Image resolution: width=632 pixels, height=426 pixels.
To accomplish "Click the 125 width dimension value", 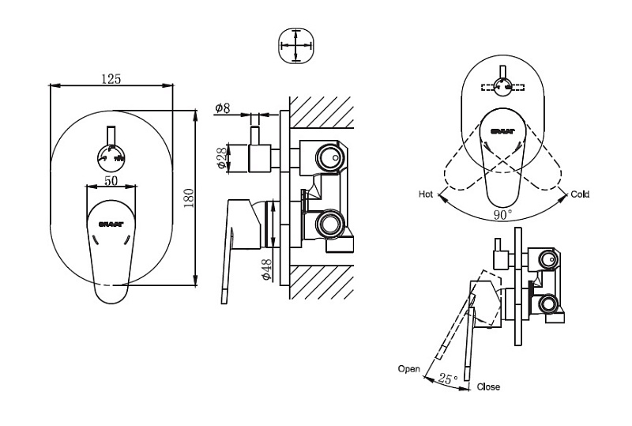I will pyautogui.click(x=111, y=78).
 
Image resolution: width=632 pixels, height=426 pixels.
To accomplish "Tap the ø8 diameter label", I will pyautogui.click(x=222, y=108).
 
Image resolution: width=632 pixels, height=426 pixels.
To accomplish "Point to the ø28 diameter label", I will pyautogui.click(x=222, y=157).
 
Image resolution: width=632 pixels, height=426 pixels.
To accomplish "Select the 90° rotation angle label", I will pyautogui.click(x=502, y=214).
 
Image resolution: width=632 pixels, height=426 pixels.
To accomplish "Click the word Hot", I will pyautogui.click(x=426, y=194).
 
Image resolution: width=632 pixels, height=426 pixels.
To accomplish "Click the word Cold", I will pyautogui.click(x=579, y=194).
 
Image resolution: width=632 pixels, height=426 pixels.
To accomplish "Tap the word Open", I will pyautogui.click(x=408, y=369).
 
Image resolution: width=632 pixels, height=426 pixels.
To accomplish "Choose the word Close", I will pyautogui.click(x=488, y=387).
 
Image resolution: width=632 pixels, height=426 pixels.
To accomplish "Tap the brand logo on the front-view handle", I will pyautogui.click(x=109, y=224).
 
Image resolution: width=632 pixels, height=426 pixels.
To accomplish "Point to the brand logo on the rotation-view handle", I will pyautogui.click(x=503, y=131).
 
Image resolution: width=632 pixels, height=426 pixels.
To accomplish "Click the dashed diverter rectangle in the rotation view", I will pyautogui.click(x=503, y=87).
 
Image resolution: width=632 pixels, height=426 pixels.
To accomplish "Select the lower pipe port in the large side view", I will pyautogui.click(x=327, y=224).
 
